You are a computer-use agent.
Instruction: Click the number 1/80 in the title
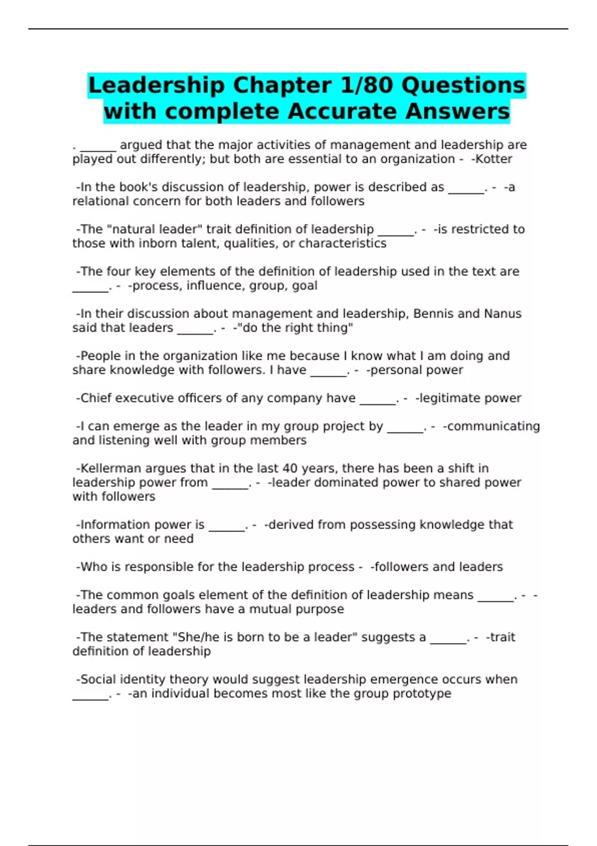click(x=367, y=86)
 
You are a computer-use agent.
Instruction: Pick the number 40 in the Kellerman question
click(x=290, y=468)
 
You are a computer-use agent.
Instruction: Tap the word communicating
click(x=493, y=426)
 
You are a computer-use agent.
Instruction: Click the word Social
click(x=98, y=680)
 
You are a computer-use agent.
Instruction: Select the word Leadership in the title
click(x=156, y=86)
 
